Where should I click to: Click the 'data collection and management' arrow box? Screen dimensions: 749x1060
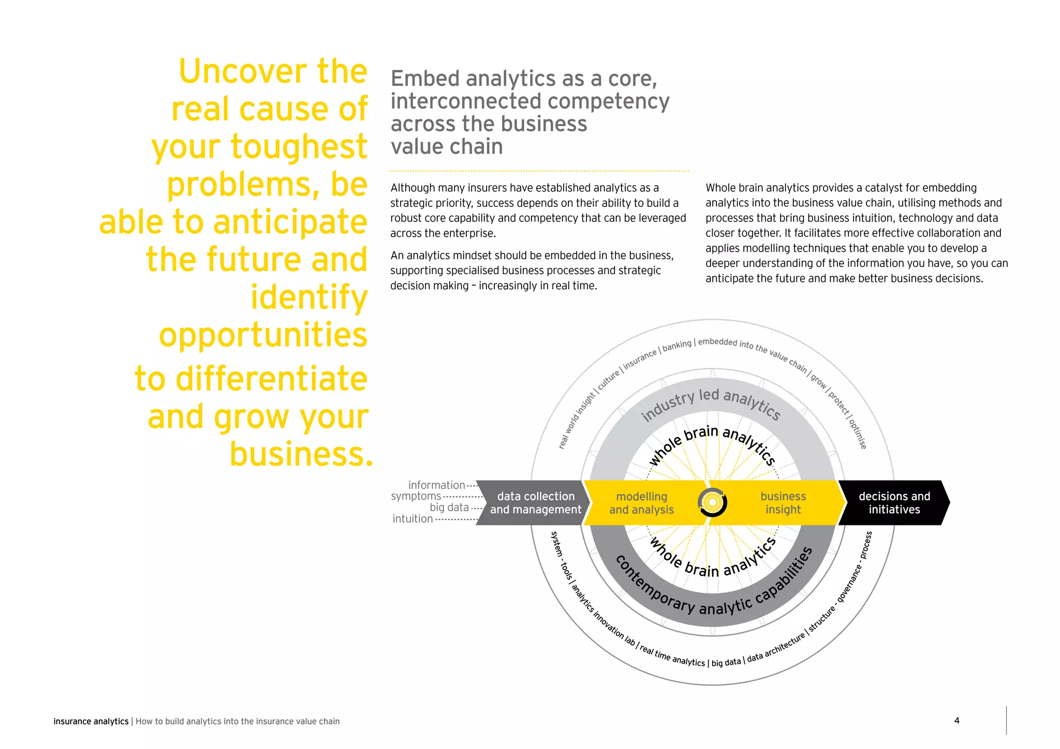click(x=535, y=503)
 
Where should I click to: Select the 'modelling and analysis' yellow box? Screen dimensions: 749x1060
click(x=641, y=503)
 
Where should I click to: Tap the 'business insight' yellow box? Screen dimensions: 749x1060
click(x=783, y=503)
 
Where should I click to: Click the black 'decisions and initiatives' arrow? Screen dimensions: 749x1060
click(x=894, y=503)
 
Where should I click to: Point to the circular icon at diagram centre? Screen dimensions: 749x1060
click(x=712, y=502)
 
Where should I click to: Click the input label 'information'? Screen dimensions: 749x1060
click(x=436, y=485)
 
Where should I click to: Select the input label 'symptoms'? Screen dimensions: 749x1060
click(x=416, y=496)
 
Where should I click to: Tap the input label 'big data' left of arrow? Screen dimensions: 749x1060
click(x=449, y=507)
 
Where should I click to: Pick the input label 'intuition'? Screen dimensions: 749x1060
click(x=413, y=519)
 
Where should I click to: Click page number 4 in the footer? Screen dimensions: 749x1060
click(x=956, y=721)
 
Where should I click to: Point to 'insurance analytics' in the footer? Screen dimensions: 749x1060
click(x=91, y=722)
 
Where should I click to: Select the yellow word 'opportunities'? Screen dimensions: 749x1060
click(x=263, y=335)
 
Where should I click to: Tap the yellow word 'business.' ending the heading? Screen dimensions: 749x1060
click(x=301, y=454)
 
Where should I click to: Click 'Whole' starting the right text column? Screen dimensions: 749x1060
click(x=721, y=188)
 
